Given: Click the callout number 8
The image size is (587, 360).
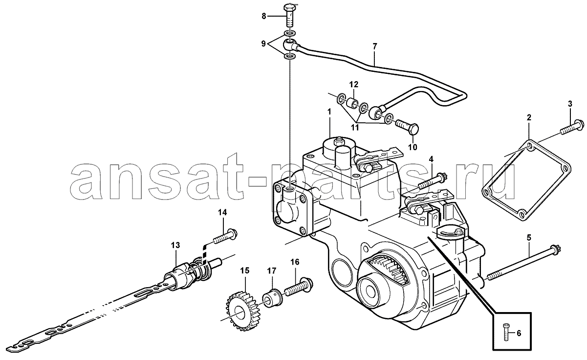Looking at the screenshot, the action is [x=263, y=16].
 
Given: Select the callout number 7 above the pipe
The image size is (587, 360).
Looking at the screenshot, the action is [x=374, y=46].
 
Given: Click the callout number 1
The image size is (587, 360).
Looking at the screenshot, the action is [x=329, y=112].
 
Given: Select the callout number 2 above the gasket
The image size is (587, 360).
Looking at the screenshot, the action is [x=529, y=117].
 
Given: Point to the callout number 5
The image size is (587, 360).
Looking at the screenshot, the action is [x=529, y=238].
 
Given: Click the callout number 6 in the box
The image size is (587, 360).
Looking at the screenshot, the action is [x=519, y=333].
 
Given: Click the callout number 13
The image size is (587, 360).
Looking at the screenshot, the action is [x=175, y=245].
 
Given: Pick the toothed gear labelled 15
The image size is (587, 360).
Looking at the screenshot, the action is [x=242, y=314].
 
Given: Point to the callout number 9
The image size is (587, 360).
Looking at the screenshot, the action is [x=263, y=44].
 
